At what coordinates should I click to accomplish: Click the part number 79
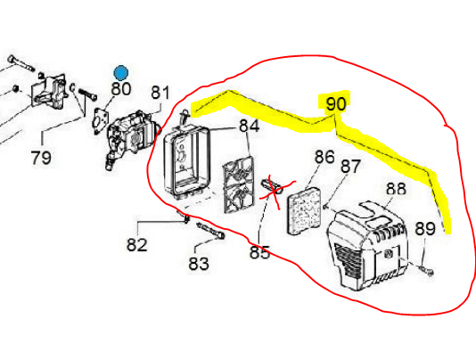click(41, 158)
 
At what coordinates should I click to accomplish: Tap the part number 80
click(121, 88)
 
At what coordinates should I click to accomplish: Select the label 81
click(160, 93)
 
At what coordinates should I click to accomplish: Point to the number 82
click(136, 244)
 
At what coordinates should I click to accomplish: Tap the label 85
click(259, 253)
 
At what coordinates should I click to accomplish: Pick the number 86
click(324, 158)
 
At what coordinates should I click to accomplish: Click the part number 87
click(350, 166)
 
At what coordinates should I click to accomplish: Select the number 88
click(396, 190)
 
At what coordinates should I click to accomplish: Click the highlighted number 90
click(335, 104)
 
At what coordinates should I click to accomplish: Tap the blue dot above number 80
click(120, 70)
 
